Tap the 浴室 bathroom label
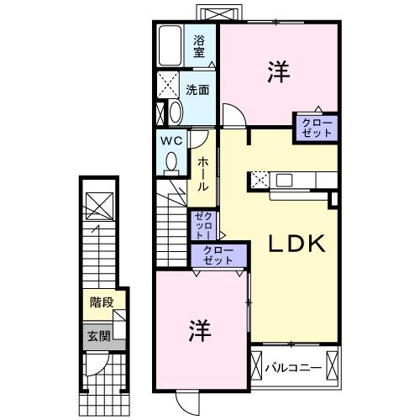[x=200, y=45]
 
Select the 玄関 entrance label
[x=98, y=337]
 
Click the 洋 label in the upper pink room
[x=279, y=74]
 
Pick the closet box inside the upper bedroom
[x=316, y=129]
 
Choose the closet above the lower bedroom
[x=218, y=255]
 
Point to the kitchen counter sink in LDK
[x=281, y=179]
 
